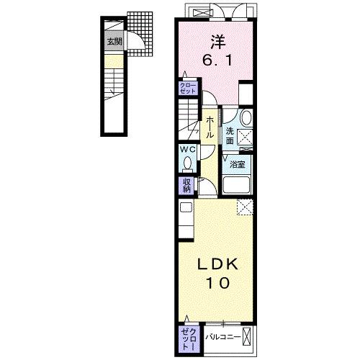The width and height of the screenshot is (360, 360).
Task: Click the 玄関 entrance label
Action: point(114,42)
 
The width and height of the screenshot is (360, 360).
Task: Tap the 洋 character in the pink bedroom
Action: point(218,42)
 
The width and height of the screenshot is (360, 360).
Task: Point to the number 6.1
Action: point(217,60)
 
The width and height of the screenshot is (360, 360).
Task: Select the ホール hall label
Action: point(210,127)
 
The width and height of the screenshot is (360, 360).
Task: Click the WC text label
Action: point(188,149)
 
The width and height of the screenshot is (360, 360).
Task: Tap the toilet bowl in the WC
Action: point(187,163)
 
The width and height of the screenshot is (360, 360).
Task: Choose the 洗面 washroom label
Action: point(230,136)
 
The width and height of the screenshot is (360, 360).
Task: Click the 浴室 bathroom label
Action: point(237,164)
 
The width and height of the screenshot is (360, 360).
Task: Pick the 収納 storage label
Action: point(187,185)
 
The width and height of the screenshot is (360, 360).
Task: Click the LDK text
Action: point(217,265)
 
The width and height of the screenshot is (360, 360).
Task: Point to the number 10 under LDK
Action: point(217,283)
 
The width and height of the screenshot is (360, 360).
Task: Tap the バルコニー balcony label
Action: point(223,337)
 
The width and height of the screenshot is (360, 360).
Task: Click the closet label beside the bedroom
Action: point(188,88)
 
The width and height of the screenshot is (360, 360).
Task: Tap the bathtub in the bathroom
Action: point(236,185)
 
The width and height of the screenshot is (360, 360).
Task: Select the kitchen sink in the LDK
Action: point(186,207)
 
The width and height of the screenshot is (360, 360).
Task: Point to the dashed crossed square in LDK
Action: point(245,207)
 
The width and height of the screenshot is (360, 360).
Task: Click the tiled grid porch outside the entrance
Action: point(140,33)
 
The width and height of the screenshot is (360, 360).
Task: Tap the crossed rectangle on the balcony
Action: point(246,337)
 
